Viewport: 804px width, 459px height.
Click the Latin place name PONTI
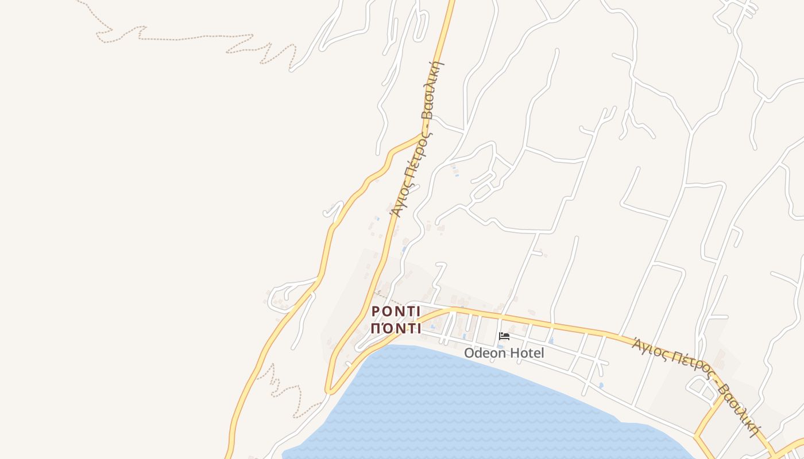click(x=396, y=312)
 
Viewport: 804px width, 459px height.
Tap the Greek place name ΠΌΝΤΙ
click(x=396, y=329)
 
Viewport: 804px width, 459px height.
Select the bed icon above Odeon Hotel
click(x=504, y=336)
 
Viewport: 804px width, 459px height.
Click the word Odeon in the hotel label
click(x=485, y=353)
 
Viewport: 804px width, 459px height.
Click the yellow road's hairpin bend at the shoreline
click(x=328, y=391)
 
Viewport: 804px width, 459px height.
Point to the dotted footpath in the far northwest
click(x=172, y=38)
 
